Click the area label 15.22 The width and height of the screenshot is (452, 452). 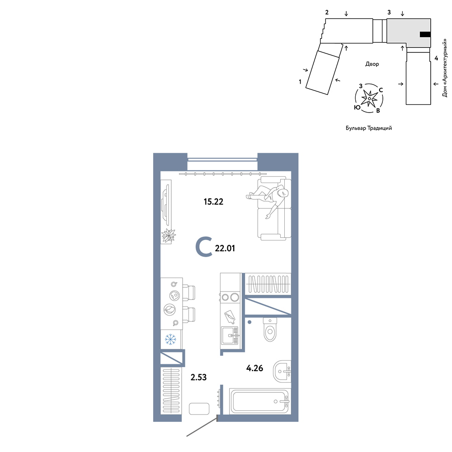pos(213,202)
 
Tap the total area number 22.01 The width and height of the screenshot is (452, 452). pos(225,248)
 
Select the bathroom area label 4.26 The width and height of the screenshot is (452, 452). pos(254,368)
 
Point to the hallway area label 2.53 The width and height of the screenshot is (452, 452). pos(198,377)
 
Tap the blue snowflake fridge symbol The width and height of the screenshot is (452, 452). pos(170,339)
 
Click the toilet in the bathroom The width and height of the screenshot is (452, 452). pos(270,330)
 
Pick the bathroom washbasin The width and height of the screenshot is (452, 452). pos(282,371)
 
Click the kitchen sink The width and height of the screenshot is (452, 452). pos(230,335)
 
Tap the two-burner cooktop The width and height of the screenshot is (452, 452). pos(230,297)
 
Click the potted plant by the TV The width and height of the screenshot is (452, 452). pos(168,236)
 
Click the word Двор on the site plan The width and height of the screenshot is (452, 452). pos(372,64)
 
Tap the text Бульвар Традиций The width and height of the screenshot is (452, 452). pos(369,128)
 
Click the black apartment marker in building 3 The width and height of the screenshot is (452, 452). pos(425,35)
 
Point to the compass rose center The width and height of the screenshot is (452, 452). pos(369,99)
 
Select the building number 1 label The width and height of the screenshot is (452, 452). pos(300,82)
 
